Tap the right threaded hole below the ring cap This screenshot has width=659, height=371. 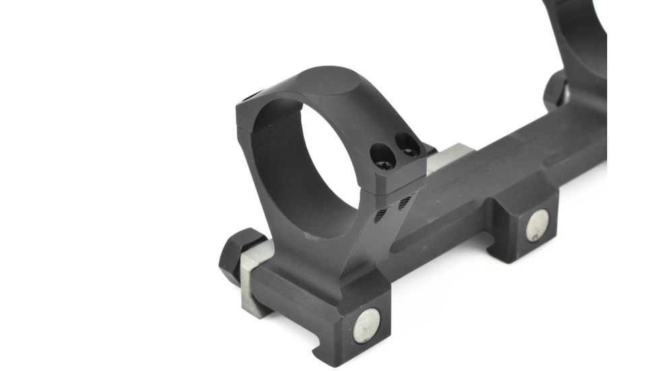(404, 202)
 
